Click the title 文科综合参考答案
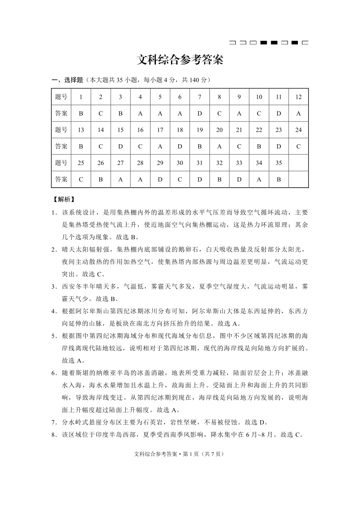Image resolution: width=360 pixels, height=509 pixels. (x=180, y=60)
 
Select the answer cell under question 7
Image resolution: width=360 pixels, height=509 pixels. (x=199, y=114)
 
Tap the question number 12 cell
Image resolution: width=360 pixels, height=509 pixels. (x=298, y=97)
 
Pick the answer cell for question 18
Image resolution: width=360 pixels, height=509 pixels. (x=180, y=146)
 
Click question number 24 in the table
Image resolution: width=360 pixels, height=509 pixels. (x=298, y=130)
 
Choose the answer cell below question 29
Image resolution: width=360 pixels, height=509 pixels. (x=160, y=179)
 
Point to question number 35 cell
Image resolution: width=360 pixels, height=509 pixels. (x=278, y=163)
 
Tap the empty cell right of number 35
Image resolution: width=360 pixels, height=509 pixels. (x=298, y=163)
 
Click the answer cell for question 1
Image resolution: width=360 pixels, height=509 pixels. (x=81, y=114)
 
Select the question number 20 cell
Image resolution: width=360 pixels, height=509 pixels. (x=219, y=130)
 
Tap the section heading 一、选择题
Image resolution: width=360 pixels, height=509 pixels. (x=68, y=80)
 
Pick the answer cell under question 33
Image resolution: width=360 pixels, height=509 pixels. (x=239, y=179)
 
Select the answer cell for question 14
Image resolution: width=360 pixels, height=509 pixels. (x=101, y=146)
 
